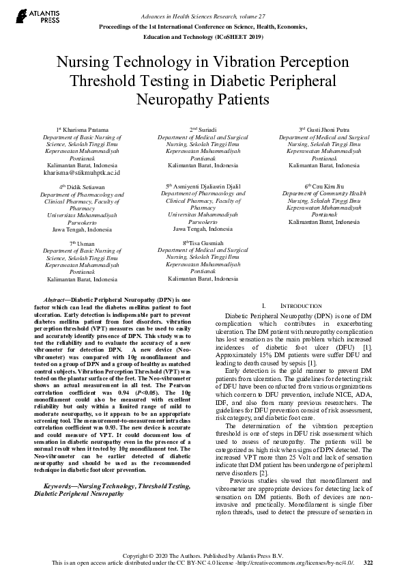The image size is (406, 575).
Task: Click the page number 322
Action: pyautogui.click(x=368, y=562)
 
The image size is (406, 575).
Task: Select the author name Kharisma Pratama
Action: pyautogui.click(x=83, y=129)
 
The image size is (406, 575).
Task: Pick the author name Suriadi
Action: pyautogui.click(x=205, y=129)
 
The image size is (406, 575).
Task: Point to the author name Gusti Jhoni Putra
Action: pyautogui.click(x=327, y=129)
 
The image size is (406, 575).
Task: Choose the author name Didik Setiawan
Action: pyautogui.click(x=84, y=186)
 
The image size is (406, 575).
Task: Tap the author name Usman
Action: pyautogui.click(x=84, y=243)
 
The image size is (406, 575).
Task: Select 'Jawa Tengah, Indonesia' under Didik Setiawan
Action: pyautogui.click(x=83, y=230)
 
